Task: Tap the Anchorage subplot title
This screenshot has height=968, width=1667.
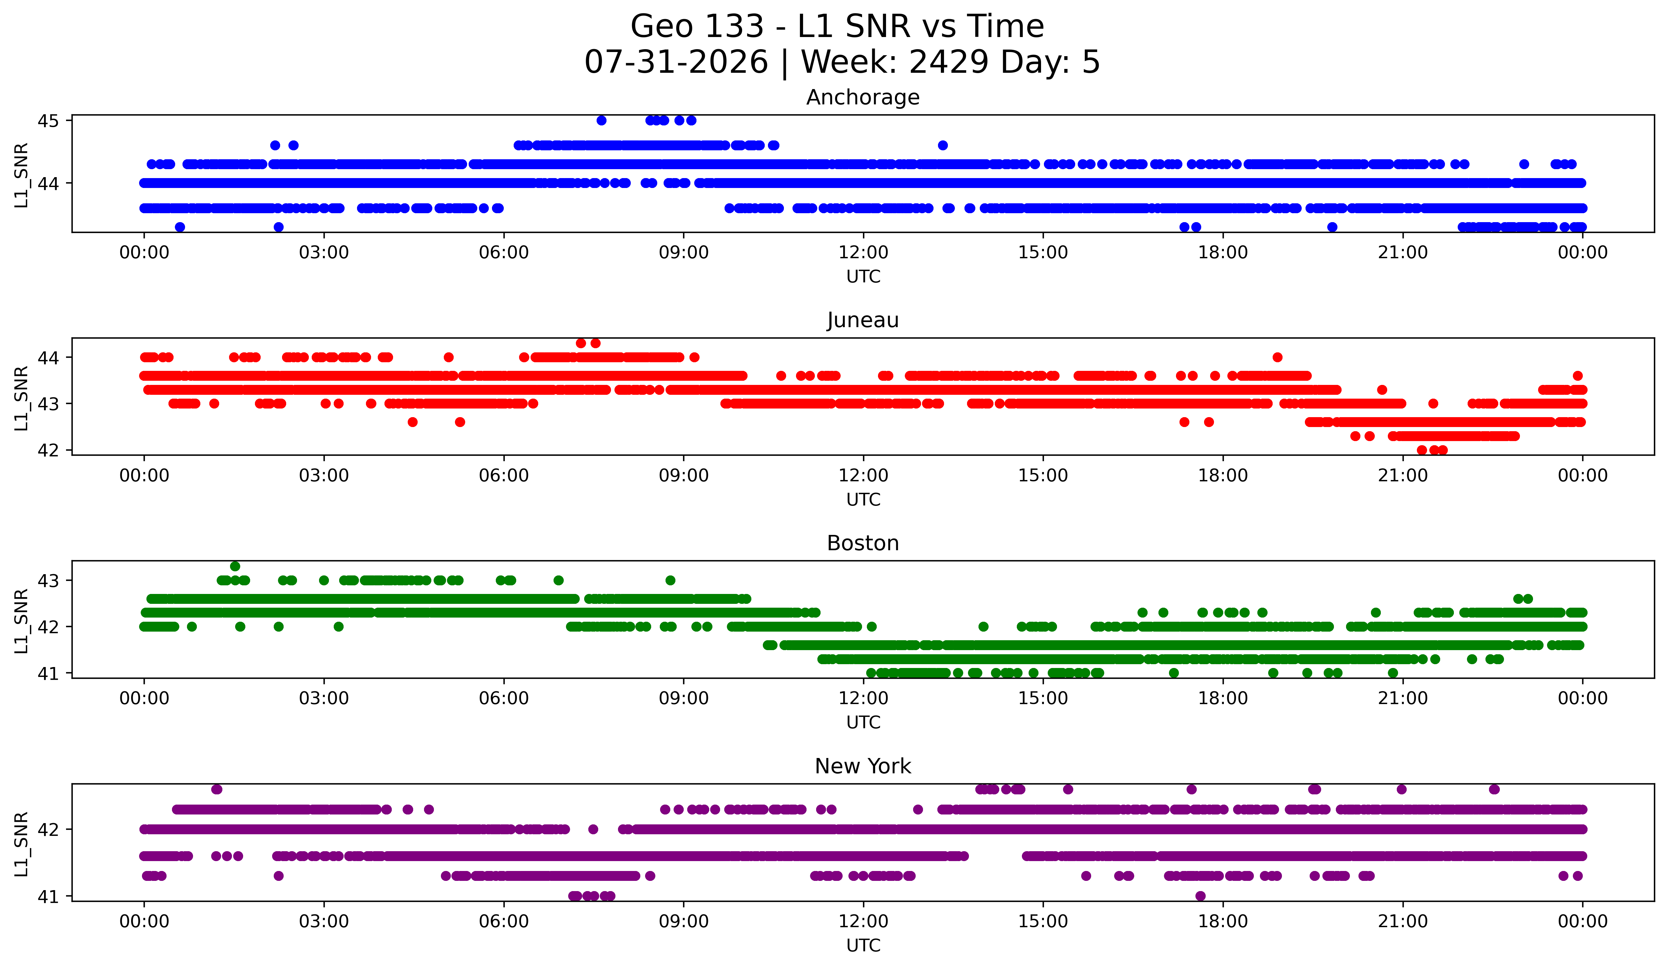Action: [x=863, y=97]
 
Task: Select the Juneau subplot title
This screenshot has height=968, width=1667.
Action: [x=863, y=320]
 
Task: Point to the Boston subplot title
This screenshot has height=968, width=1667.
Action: [x=863, y=543]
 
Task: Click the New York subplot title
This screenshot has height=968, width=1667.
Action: [x=863, y=766]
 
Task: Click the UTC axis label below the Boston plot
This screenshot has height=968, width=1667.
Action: [x=863, y=723]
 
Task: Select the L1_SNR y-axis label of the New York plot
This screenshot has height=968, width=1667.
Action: [x=21, y=844]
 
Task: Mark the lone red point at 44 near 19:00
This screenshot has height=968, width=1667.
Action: [x=1277, y=357]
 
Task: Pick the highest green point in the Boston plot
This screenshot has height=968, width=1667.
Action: [x=235, y=567]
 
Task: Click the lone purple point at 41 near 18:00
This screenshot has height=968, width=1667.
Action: [x=1201, y=896]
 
